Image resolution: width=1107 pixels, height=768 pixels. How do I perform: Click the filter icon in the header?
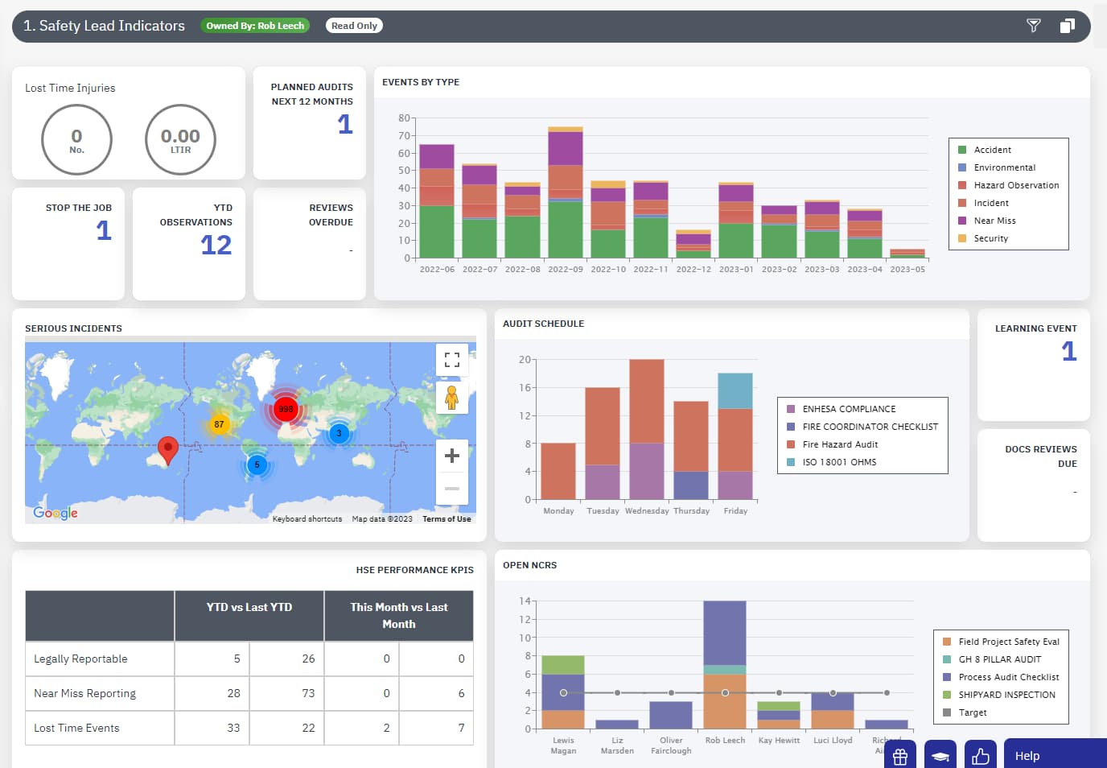pyautogui.click(x=1034, y=26)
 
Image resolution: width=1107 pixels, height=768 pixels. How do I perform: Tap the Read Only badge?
pyautogui.click(x=354, y=26)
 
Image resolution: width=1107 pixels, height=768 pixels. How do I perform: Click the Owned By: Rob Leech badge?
pyautogui.click(x=255, y=26)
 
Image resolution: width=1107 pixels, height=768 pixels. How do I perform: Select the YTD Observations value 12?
pyautogui.click(x=216, y=245)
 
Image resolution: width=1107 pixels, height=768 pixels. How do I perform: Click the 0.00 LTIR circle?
pyautogui.click(x=180, y=139)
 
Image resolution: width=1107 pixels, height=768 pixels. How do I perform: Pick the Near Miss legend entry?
pyautogui.click(x=994, y=221)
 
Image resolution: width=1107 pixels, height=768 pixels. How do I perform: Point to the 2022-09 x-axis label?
pyautogui.click(x=566, y=270)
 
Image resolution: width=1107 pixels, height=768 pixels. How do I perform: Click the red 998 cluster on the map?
pyautogui.click(x=286, y=409)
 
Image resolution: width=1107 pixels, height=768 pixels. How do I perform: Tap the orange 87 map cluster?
pyautogui.click(x=219, y=424)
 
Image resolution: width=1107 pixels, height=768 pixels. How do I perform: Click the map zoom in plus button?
pyautogui.click(x=452, y=456)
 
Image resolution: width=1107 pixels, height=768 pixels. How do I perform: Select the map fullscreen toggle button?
pyautogui.click(x=452, y=360)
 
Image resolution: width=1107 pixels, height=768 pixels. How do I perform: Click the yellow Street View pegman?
pyautogui.click(x=452, y=397)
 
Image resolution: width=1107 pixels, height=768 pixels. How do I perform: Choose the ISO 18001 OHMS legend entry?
pyautogui.click(x=839, y=462)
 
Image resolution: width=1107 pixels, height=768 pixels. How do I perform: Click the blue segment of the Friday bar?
pyautogui.click(x=735, y=391)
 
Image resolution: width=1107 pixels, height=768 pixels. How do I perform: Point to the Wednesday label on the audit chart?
pyautogui.click(x=647, y=511)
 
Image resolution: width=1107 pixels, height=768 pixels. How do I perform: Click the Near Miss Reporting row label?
pyautogui.click(x=84, y=693)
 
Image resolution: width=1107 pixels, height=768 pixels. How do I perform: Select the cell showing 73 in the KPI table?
pyautogui.click(x=308, y=693)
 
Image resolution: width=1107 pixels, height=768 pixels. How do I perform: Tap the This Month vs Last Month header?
pyautogui.click(x=398, y=616)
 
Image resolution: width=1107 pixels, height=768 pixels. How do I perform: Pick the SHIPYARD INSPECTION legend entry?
pyautogui.click(x=1006, y=695)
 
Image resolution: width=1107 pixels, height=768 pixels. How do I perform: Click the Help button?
pyautogui.click(x=1027, y=756)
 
